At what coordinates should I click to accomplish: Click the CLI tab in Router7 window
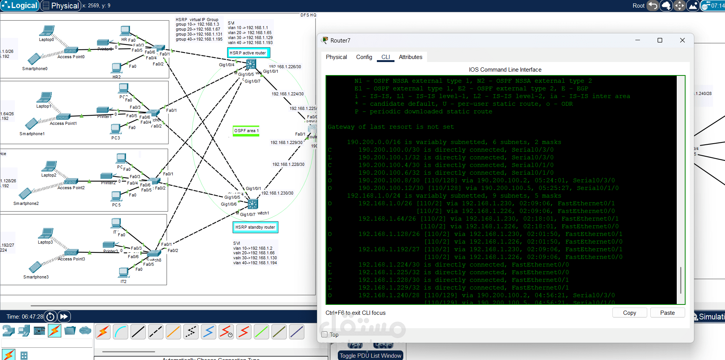coord(385,57)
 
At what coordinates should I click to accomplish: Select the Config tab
coord(364,57)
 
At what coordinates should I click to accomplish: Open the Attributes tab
coord(410,57)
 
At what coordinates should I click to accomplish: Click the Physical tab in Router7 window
coord(336,57)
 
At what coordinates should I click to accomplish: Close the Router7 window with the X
coord(682,40)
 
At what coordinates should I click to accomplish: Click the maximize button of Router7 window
coord(660,40)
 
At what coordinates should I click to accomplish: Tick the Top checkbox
coord(325,334)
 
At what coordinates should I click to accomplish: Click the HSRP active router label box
coord(248,53)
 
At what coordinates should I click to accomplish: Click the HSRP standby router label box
coord(255,227)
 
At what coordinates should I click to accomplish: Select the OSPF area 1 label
coord(246,131)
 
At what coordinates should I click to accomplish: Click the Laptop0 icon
coord(47,31)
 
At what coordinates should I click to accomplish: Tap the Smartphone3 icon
coord(35,267)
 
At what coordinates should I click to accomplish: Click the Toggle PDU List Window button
coord(370,355)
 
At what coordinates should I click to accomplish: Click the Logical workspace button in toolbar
coord(20,6)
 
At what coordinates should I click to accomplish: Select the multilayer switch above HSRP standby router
coord(253,204)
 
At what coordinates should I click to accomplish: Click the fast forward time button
coord(64,316)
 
